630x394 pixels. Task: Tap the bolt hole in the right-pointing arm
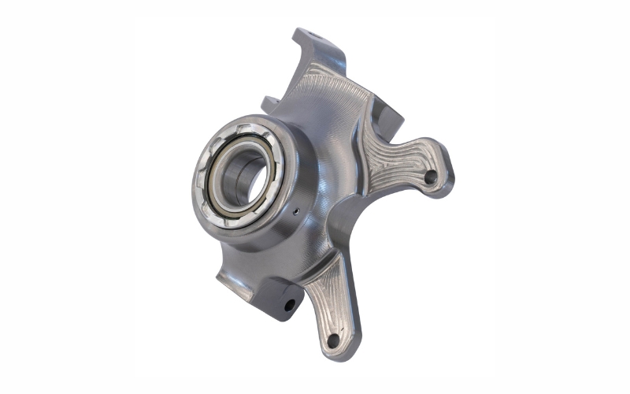(429, 177)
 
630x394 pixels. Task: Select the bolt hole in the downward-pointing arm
(332, 340)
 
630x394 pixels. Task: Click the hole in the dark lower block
(290, 303)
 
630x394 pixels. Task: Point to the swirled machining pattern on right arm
(394, 162)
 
